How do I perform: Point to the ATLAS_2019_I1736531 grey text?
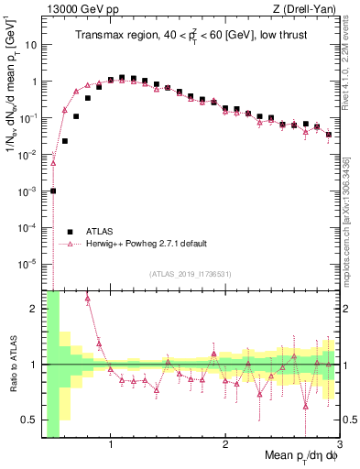[x=189, y=274]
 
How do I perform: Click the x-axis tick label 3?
[x=338, y=444]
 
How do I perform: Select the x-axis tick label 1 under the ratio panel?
[x=111, y=444]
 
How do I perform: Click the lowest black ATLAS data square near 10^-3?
[x=53, y=191]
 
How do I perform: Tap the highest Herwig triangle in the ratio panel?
[x=87, y=299]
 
